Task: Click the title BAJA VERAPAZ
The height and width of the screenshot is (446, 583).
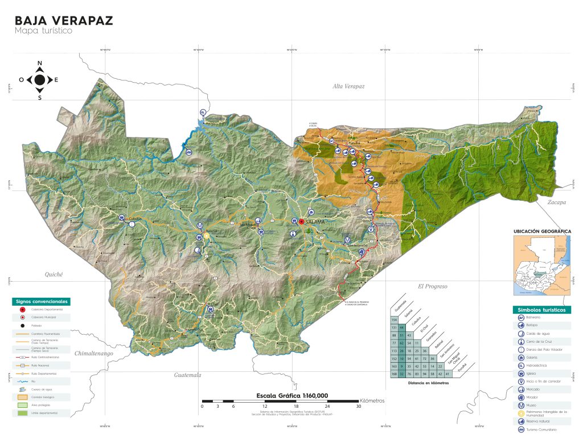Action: (x=63, y=21)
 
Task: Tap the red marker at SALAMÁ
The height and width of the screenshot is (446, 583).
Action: (x=302, y=222)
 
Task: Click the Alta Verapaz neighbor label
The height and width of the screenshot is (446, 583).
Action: (x=348, y=86)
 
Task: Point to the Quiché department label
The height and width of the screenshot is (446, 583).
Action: (x=54, y=274)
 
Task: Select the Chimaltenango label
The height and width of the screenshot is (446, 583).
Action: (x=95, y=354)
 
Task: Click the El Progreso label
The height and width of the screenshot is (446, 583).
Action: (x=433, y=286)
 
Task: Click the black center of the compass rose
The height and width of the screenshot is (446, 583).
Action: (x=40, y=80)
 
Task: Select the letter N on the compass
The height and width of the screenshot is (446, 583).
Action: (x=40, y=63)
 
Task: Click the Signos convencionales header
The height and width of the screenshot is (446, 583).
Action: (x=42, y=301)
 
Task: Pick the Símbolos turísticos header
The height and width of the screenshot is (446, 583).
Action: (x=541, y=310)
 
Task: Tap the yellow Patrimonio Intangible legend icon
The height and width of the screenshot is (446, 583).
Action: (x=521, y=413)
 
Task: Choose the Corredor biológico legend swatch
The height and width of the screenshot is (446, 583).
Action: (x=23, y=396)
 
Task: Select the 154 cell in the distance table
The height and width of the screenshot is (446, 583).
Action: (x=394, y=321)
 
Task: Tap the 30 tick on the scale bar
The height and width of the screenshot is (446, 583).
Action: (x=358, y=406)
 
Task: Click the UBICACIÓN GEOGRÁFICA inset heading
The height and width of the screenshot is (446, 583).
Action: (x=541, y=232)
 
